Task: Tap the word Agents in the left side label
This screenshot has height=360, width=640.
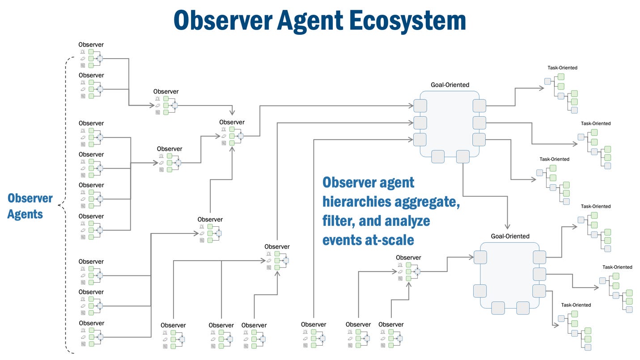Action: pyautogui.click(x=25, y=214)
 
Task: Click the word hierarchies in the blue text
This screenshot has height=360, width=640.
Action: pyautogui.click(x=355, y=202)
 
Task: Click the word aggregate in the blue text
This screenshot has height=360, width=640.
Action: pyautogui.click(x=427, y=202)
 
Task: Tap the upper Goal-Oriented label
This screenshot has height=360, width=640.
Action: pyautogui.click(x=450, y=85)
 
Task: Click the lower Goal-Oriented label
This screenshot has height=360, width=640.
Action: pyautogui.click(x=510, y=236)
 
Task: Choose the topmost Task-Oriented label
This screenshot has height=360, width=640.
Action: pyautogui.click(x=562, y=68)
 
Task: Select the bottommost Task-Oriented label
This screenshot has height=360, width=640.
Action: pyautogui.click(x=576, y=305)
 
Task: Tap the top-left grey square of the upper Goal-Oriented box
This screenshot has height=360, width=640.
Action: pyautogui.click(x=420, y=106)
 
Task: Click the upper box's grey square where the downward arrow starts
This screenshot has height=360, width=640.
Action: pyautogui.click(x=462, y=157)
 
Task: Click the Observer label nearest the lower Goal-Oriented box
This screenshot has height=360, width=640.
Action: pyautogui.click(x=408, y=258)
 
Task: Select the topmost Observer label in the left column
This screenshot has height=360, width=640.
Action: pyautogui.click(x=91, y=45)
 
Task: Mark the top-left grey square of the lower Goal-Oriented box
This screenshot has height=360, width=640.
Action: pyautogui.click(x=480, y=257)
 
